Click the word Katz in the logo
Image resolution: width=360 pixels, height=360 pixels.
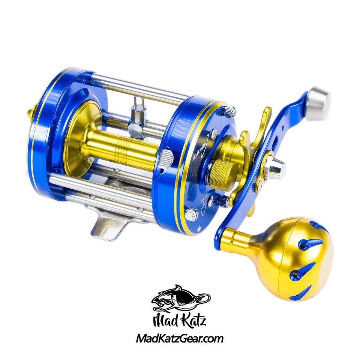pos(191,321)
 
